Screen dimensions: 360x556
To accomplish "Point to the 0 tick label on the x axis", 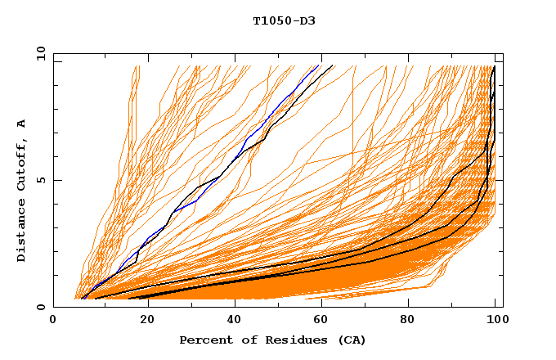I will [54, 321].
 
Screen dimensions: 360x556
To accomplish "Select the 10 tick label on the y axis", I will [38, 53].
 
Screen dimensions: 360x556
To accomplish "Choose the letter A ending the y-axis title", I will [22, 124].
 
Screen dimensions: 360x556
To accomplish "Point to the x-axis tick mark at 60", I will [320, 304].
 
